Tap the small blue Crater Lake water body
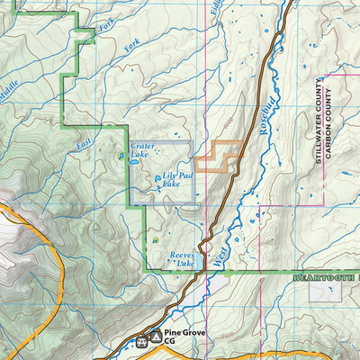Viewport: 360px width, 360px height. [121, 155]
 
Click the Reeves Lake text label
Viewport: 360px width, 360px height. [183, 259]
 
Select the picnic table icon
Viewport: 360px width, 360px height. [140, 343]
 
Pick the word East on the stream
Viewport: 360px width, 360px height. [84, 140]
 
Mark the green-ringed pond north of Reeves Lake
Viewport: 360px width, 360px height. [155, 240]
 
